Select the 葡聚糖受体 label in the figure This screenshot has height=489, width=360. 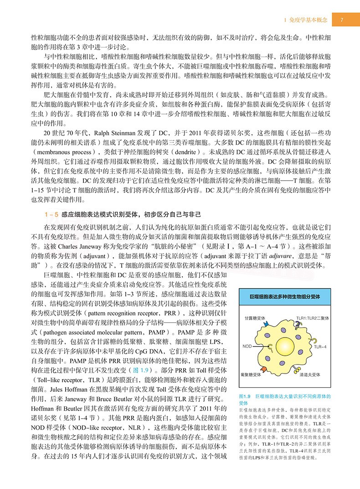[250, 374]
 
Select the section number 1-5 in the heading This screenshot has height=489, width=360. [51, 213]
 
